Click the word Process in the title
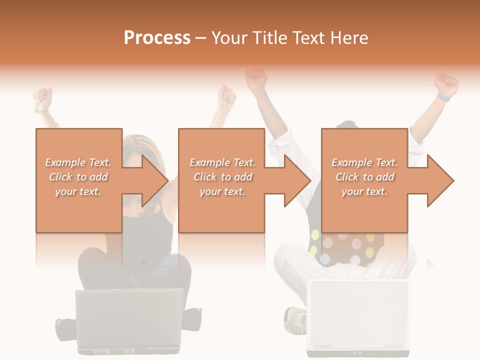pyautogui.click(x=157, y=38)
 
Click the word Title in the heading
pyautogui.click(x=270, y=38)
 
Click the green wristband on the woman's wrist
pyautogui.click(x=40, y=111)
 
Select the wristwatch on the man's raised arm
pyautogui.click(x=443, y=98)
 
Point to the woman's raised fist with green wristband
pyautogui.click(x=43, y=98)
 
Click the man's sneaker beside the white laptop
pyautogui.click(x=295, y=320)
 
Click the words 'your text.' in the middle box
pyautogui.click(x=222, y=192)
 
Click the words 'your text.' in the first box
pyautogui.click(x=78, y=192)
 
